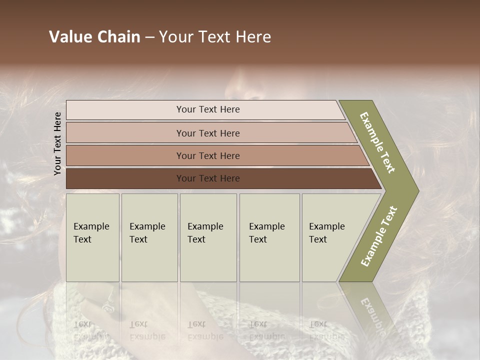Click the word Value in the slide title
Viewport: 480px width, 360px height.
69,37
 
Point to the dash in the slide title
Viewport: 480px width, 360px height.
149,37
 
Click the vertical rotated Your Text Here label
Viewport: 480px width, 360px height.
57,143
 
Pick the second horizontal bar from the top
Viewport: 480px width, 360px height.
207,133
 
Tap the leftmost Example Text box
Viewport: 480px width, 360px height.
92,237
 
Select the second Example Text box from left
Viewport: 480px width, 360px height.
149,237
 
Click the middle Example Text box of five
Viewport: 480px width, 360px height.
208,237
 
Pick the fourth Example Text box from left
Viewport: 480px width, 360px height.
269,237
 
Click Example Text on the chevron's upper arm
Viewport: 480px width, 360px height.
378,142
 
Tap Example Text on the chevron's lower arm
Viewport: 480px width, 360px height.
379,236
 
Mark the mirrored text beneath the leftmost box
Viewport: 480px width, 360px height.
91,330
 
